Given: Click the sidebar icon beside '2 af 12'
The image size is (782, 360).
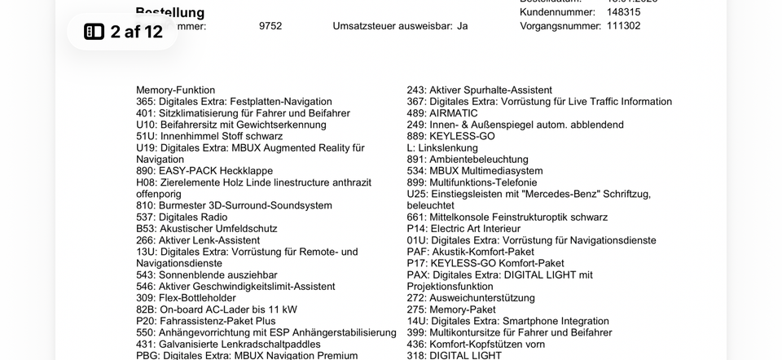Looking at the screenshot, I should click(94, 32).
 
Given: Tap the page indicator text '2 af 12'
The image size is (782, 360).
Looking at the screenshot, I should click(136, 32).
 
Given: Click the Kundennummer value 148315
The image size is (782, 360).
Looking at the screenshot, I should click(623, 12).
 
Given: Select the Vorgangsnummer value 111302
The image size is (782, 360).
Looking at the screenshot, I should click(623, 26).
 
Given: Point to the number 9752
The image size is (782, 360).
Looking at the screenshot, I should click(270, 26).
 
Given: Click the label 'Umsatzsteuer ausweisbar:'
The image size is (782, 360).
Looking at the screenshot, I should click(393, 26).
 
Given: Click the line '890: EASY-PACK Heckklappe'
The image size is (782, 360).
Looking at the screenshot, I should click(204, 171).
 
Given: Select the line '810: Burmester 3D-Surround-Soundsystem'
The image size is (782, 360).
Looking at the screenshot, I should click(234, 206).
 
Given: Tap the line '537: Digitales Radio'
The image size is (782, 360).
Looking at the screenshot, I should click(182, 217).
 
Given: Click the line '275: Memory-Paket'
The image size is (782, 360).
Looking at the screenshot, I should click(451, 310).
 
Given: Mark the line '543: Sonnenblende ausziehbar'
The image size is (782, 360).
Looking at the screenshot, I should click(206, 275).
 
